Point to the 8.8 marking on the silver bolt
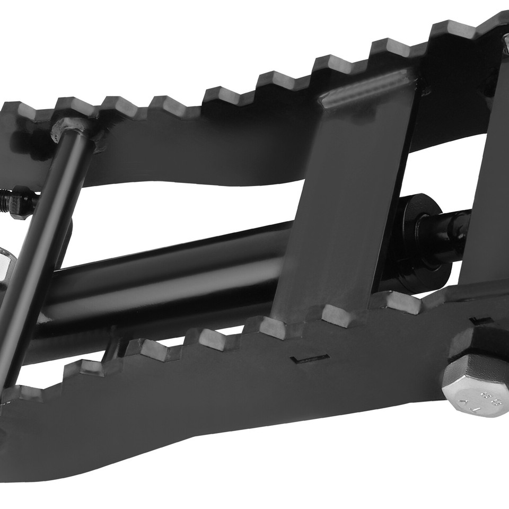[x=485, y=397]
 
